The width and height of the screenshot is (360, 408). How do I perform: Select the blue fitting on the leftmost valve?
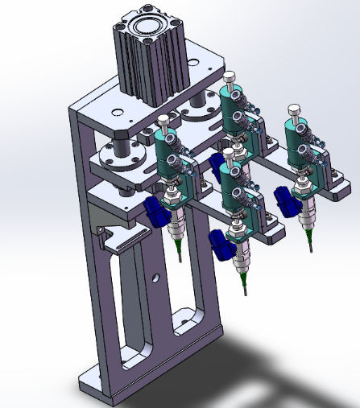tap(155, 212)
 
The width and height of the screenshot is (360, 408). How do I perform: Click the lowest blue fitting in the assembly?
tap(220, 245)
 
